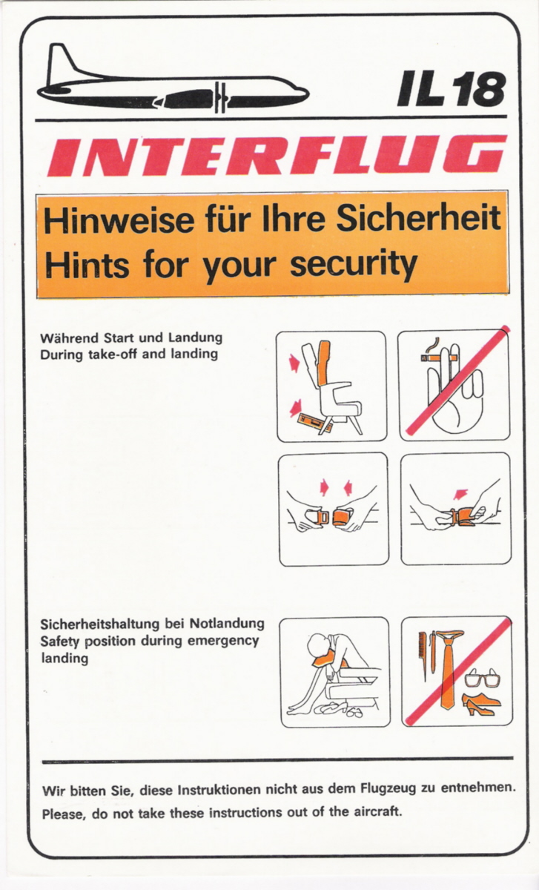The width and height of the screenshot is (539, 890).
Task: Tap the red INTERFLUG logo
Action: coord(277,155)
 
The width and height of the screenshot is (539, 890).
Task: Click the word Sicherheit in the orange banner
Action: coord(419,219)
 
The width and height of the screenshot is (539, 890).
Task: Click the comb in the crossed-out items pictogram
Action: coord(421,656)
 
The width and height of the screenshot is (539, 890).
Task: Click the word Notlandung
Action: coord(227,622)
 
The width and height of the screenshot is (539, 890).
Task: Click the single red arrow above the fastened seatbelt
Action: coord(460,494)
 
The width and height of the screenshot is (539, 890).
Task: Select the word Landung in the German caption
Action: coord(195,337)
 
